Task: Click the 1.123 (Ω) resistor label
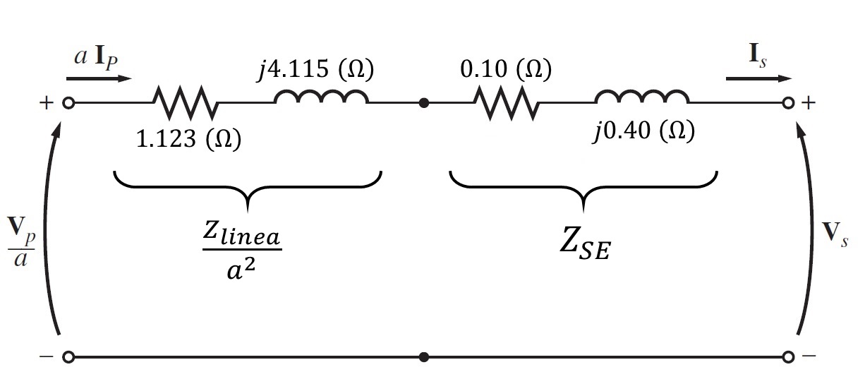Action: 188,139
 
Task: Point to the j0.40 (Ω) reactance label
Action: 643,132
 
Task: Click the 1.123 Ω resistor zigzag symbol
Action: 185,103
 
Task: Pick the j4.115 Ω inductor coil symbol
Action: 321,100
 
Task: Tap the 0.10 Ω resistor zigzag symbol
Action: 505,103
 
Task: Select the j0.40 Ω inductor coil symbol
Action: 642,100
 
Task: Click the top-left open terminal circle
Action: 68,103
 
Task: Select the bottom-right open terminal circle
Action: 789,357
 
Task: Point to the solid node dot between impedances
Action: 423,103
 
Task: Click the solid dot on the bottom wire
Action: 423,357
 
